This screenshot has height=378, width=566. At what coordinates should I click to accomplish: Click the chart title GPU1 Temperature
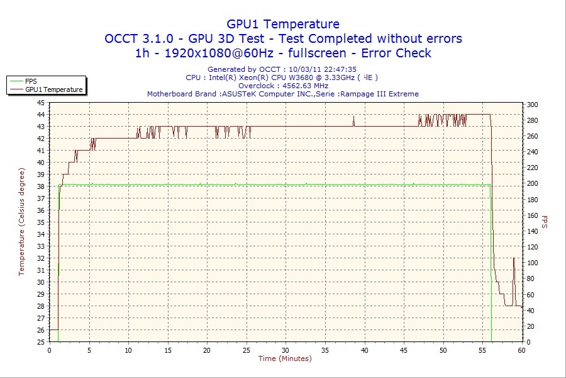pos(283,24)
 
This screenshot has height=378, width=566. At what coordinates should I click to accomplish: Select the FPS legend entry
pos(31,81)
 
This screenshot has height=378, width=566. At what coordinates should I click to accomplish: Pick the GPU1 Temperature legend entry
pos(53,89)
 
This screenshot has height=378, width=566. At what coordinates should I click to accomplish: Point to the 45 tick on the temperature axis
pos(41,103)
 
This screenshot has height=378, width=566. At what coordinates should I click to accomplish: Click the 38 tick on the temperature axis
pos(41,186)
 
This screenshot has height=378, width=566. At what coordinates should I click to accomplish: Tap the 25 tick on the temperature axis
pos(41,342)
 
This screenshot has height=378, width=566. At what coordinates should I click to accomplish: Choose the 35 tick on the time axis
pos(325,350)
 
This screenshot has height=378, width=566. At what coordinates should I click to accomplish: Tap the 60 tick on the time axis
pos(521,350)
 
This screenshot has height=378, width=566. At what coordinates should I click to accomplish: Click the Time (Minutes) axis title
pos(285,359)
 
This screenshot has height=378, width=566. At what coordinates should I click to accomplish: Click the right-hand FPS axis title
pos(545,222)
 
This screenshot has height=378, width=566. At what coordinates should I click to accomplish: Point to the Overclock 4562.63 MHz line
pos(283,86)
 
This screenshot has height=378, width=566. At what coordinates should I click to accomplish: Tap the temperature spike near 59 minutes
pos(514,259)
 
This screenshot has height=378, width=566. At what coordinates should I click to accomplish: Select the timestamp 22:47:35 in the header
pos(339,69)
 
